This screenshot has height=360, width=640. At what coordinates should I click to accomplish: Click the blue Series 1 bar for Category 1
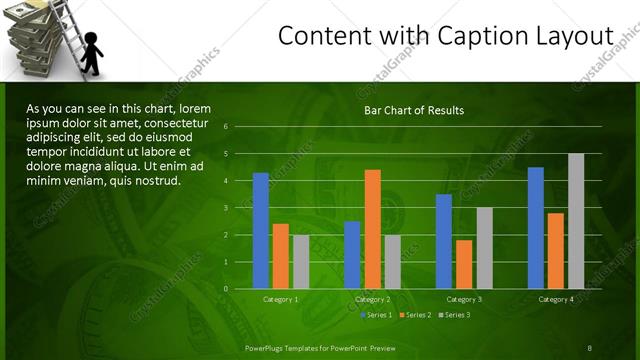(261, 231)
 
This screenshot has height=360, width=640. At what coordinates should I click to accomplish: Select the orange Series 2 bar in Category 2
(372, 229)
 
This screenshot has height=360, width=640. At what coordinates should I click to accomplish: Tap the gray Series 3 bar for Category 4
(576, 221)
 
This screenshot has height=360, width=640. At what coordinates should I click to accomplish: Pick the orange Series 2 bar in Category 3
(464, 264)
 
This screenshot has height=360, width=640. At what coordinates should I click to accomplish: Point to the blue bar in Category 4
(536, 228)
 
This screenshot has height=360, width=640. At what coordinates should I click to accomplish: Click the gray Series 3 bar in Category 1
(301, 262)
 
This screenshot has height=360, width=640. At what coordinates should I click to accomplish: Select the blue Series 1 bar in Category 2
(352, 255)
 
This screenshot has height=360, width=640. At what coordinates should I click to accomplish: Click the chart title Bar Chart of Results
(413, 110)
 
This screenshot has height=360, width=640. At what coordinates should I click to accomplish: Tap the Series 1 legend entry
(377, 315)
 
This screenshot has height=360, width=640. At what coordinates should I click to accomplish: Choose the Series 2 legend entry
(414, 315)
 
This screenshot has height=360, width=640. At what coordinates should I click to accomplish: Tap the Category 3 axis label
(464, 299)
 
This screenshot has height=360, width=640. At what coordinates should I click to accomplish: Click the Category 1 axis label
(281, 299)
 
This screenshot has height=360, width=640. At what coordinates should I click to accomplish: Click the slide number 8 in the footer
(589, 347)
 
